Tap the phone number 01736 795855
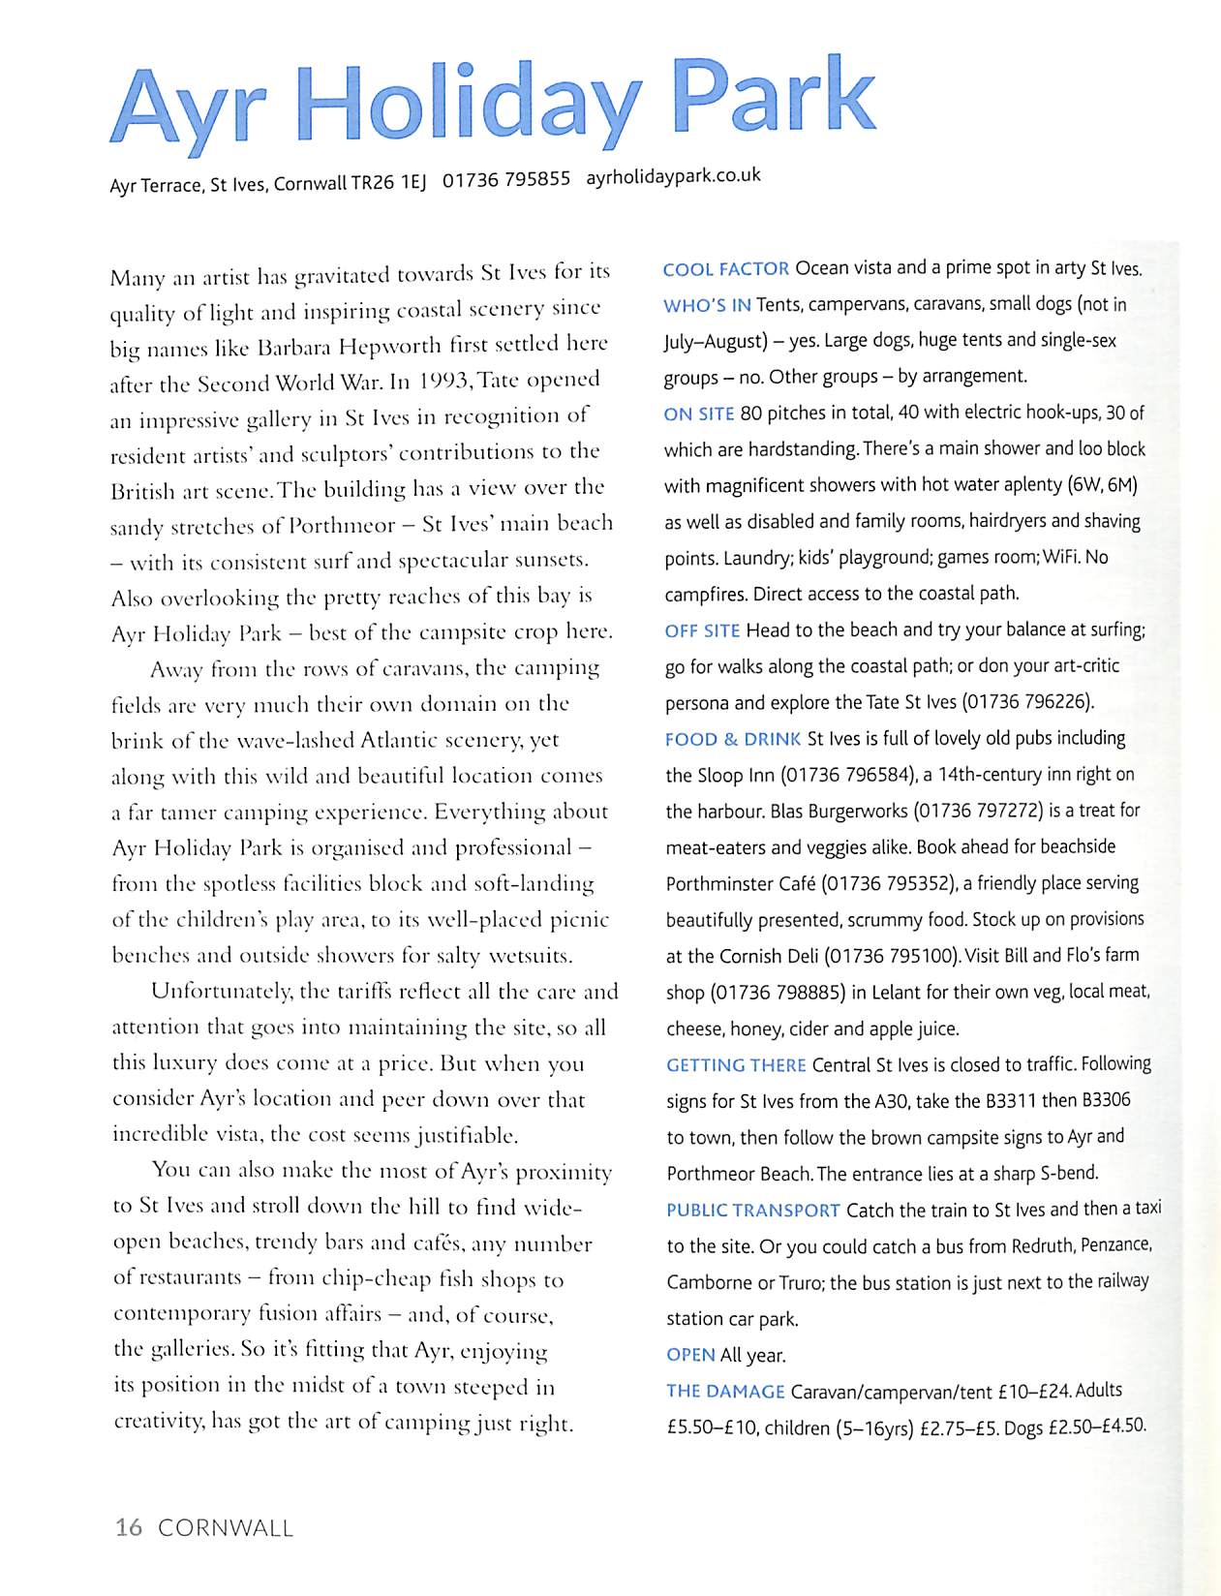click(505, 180)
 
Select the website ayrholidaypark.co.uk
click(673, 176)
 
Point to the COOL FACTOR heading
click(725, 269)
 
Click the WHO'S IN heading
click(707, 306)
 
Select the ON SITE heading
click(698, 414)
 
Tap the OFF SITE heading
click(702, 631)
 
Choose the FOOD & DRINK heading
click(733, 740)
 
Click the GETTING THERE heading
click(736, 1065)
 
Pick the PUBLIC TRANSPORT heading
click(753, 1211)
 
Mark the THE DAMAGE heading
click(725, 1392)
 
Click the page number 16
click(128, 1528)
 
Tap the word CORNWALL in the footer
click(226, 1528)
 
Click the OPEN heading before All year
click(690, 1355)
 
